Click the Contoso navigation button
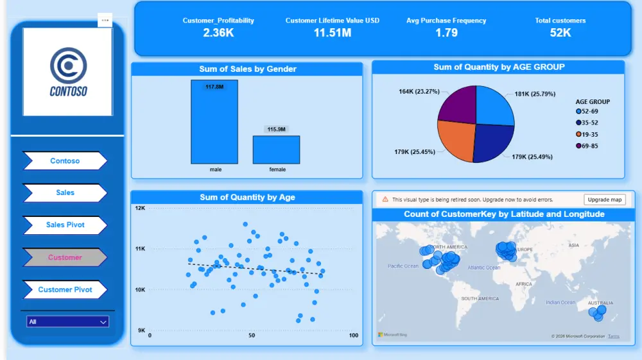tap(65, 161)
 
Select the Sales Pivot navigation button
tap(65, 225)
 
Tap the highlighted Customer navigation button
tap(65, 257)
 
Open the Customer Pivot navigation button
tap(65, 289)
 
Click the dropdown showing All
tap(67, 321)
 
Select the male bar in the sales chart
tap(214, 125)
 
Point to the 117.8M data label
tap(214, 87)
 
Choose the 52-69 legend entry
tap(591, 112)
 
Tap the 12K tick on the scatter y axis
tap(140, 209)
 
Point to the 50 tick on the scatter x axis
tap(252, 336)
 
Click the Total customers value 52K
tap(560, 33)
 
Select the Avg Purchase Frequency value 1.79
tap(446, 33)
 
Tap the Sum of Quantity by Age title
tap(247, 197)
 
